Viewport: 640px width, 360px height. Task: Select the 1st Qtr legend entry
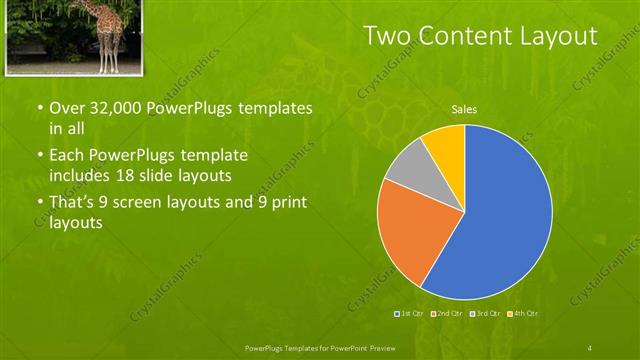410,314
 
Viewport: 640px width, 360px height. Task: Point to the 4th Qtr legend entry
524,314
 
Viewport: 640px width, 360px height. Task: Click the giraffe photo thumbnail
67,36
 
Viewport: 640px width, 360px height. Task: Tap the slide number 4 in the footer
590,347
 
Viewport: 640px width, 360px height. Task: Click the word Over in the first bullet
65,107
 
